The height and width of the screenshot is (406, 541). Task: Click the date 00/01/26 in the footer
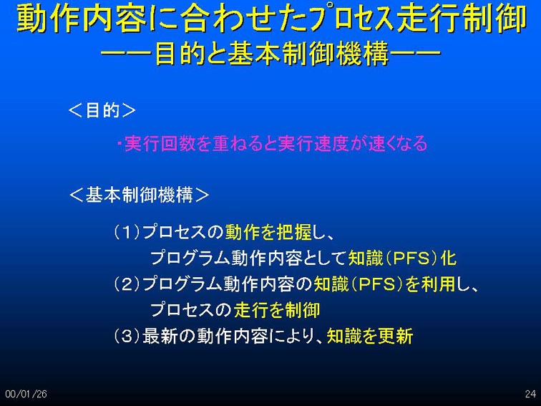[x=26, y=394]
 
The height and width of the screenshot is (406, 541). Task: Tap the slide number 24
[x=530, y=394]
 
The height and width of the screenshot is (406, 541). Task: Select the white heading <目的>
[x=102, y=110]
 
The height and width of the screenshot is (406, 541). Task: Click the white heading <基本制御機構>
[x=139, y=195]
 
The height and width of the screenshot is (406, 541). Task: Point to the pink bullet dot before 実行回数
[x=119, y=143]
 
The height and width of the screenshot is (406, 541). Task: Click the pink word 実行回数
[x=160, y=144]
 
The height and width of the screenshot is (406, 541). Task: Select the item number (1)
[x=127, y=232]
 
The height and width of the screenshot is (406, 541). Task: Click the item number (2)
[x=127, y=284]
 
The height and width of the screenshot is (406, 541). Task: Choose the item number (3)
[x=127, y=336]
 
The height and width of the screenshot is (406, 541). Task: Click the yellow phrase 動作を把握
[x=268, y=232]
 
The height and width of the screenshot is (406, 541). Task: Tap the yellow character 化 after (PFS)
[x=449, y=258]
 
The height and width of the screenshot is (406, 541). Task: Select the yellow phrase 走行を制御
[x=277, y=309]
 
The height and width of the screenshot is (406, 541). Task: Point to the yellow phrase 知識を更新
[x=370, y=336]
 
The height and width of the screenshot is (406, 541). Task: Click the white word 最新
[x=160, y=336]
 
